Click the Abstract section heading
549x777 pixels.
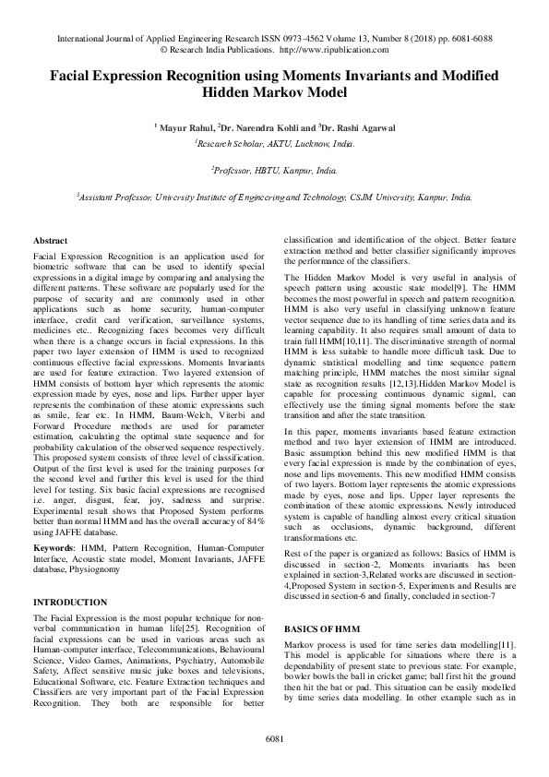[x=49, y=239]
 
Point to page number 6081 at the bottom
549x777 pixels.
[x=274, y=739]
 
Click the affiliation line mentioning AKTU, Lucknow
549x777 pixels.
[x=274, y=145]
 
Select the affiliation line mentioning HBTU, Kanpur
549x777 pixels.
[x=274, y=171]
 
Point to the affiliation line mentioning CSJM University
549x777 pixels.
[x=274, y=197]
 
